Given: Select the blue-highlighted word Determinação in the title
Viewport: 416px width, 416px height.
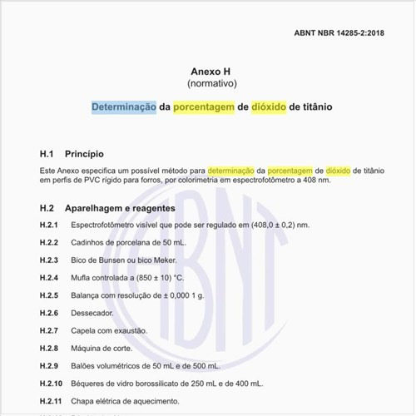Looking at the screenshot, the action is pyautogui.click(x=124, y=107).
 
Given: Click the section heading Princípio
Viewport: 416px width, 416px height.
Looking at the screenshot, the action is pyautogui.click(x=84, y=154).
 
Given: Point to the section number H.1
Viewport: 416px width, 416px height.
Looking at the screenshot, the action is pyautogui.click(x=47, y=154).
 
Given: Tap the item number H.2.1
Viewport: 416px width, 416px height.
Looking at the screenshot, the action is pyautogui.click(x=49, y=225).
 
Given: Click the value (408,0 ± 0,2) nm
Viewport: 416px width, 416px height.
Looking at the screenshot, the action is pyautogui.click(x=274, y=225).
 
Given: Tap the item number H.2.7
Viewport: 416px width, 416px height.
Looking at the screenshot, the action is pyautogui.click(x=49, y=330).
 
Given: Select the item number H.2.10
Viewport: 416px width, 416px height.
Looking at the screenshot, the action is pyautogui.click(x=51, y=383).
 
